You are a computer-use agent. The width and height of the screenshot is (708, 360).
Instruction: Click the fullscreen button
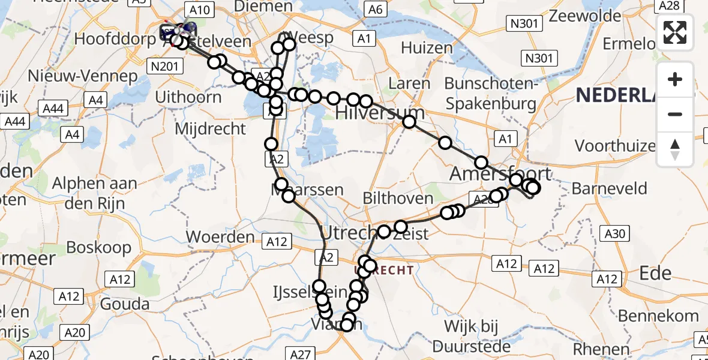tap(675, 32)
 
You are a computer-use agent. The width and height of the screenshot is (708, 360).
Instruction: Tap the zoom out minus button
tap(675, 114)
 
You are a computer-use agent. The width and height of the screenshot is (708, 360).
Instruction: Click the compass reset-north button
tap(675, 149)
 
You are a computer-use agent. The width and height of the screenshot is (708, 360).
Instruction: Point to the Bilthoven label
tap(398, 199)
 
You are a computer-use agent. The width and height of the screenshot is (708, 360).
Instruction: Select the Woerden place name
tap(220, 236)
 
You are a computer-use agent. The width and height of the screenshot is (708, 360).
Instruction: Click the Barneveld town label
tap(609, 189)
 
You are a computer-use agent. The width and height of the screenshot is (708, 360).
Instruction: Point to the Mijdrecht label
tap(210, 128)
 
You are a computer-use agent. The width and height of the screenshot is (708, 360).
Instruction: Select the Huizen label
tap(427, 48)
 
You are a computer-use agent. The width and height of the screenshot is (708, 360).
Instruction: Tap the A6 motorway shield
tap(376, 10)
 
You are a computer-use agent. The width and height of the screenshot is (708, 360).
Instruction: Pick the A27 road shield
tap(302, 354)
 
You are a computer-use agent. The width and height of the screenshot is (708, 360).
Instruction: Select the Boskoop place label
tap(99, 247)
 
